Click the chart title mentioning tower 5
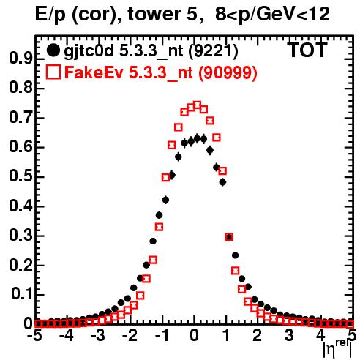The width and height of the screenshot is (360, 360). pos(182,15)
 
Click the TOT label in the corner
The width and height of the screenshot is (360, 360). pos(307,50)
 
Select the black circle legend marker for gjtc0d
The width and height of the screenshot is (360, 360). pos(53,50)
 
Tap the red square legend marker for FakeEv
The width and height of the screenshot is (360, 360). pos(53,72)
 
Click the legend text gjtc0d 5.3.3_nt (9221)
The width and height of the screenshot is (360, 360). pos(151,51)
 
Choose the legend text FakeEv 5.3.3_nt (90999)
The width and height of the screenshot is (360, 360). pos(161,72)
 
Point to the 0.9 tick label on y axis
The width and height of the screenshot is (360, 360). pos(20,59)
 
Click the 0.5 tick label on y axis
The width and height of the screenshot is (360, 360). pos(20,176)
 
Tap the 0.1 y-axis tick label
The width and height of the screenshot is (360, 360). pos(21,294)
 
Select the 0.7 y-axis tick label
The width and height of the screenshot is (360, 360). pos(20,118)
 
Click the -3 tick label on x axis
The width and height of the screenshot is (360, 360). pos(98,336)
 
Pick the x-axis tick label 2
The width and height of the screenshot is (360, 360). pos(258,336)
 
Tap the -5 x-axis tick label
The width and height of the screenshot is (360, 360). pos(35,336)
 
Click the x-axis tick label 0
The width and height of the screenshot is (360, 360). pos(195,336)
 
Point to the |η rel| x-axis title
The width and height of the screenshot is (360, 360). pos(337,348)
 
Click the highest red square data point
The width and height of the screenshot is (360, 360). pos(197,105)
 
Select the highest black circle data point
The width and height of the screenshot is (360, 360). pos(197,138)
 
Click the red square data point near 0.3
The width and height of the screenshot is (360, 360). pos(229,237)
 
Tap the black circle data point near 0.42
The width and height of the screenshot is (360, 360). pos(165,200)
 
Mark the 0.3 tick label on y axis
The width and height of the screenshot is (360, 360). pos(20,236)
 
